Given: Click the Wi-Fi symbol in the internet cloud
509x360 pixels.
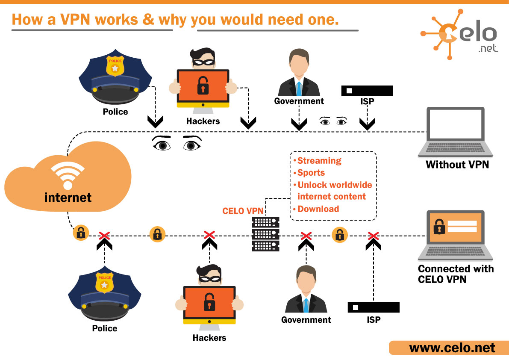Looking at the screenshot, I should point(68,176).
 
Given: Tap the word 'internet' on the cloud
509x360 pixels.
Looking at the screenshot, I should point(68,198).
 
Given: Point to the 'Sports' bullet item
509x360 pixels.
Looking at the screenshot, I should point(311,173).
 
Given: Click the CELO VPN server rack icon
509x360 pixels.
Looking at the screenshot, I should point(265,234).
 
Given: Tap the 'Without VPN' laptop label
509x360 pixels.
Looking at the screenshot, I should point(457,164).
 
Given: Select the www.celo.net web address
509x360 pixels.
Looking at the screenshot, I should point(452,348).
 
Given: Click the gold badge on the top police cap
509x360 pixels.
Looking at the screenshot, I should point(115,65).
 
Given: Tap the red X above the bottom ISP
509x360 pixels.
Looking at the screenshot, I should point(374,236).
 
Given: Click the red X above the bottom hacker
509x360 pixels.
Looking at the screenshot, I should point(209,235).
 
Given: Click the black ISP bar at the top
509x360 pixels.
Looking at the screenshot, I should point(367,91).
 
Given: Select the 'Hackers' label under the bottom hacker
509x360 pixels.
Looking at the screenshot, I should point(209,338).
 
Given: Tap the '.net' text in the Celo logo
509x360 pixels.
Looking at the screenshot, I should point(488,48).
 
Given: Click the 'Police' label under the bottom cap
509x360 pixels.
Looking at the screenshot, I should point(105,328).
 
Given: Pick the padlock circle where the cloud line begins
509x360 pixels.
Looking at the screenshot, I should point(80,233).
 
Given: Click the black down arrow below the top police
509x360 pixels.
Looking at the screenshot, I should point(155,122).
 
